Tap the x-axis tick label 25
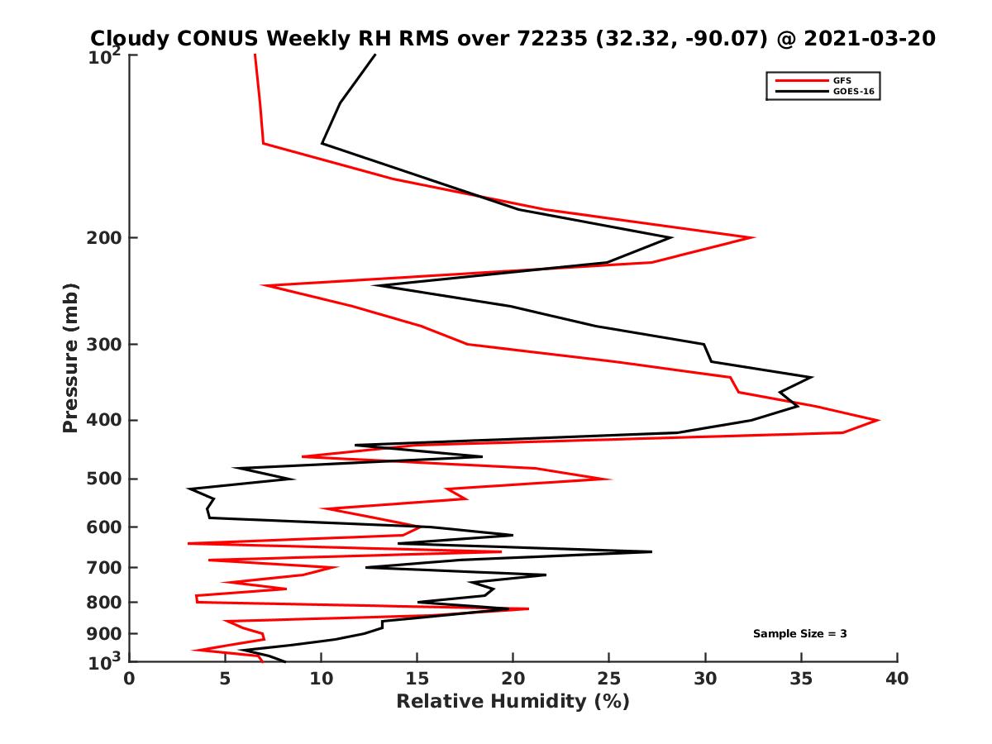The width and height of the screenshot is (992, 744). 609,680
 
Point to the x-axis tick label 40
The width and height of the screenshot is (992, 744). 897,680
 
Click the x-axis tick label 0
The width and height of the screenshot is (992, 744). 130,680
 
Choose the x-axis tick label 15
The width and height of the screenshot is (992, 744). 417,680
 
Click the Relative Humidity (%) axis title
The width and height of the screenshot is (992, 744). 513,702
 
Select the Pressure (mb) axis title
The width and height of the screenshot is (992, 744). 70,357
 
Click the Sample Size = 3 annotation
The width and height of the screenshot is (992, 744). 799,634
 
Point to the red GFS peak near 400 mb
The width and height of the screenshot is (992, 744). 878,420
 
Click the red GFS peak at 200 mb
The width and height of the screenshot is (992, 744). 753,238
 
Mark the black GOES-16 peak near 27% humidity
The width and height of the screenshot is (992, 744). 651,551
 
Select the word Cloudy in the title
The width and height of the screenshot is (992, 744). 131,38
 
